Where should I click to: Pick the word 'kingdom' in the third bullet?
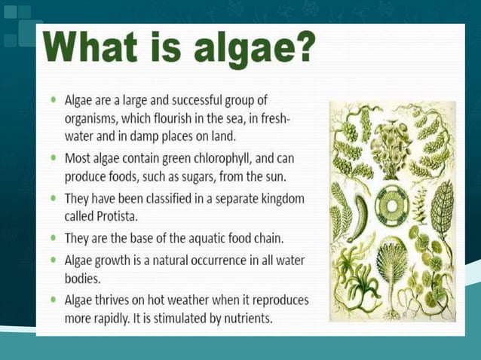277,199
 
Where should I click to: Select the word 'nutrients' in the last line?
245,318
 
